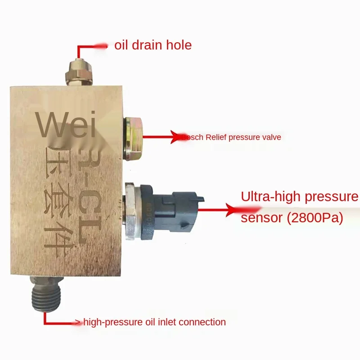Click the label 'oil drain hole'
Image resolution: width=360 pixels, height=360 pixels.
tap(153, 45)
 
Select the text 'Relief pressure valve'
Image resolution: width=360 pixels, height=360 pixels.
tap(243, 137)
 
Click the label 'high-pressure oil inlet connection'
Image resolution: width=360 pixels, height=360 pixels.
tap(154, 322)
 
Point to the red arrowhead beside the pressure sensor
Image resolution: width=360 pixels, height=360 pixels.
tap(234, 209)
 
